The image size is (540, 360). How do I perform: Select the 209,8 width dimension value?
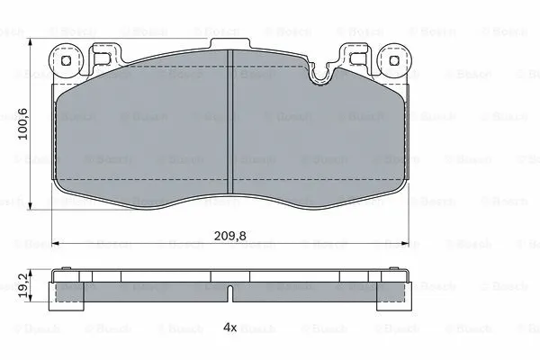[230, 236]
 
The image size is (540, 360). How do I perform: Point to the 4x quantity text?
[230, 328]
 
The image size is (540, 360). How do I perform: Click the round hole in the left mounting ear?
[65, 61]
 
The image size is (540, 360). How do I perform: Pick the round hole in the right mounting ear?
[393, 61]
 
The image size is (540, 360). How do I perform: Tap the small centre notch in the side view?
[230, 293]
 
